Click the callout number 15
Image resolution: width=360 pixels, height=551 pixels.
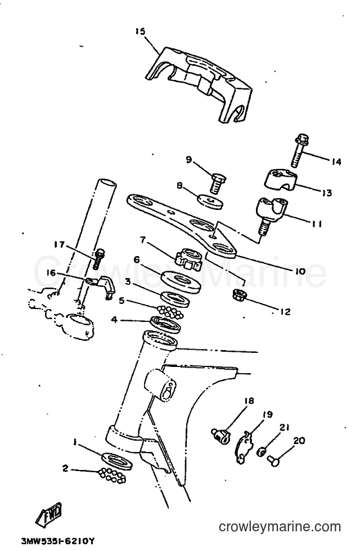[140, 32]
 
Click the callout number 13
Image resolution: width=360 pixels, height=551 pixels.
[327, 192]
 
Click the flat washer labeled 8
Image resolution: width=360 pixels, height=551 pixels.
[210, 201]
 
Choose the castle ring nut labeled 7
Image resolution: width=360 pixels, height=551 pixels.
[188, 259]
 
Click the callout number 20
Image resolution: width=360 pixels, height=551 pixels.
[299, 441]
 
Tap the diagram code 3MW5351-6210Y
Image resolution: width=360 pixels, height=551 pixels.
[58, 541]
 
